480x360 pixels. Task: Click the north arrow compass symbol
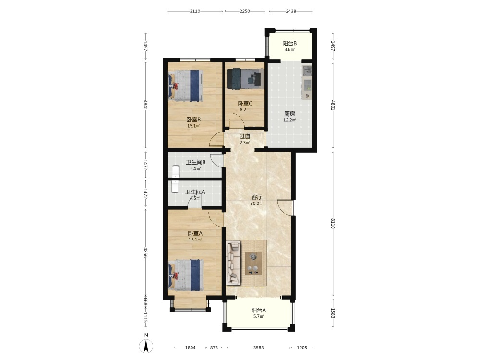(x=146, y=346)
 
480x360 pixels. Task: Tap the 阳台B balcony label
(x=289, y=44)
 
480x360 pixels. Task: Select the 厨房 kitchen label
(x=289, y=114)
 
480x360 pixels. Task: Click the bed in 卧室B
(x=185, y=86)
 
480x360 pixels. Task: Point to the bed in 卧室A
(x=185, y=275)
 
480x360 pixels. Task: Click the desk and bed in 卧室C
(x=245, y=79)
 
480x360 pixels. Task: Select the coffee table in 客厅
(x=253, y=263)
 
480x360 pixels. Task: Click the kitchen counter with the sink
(x=307, y=82)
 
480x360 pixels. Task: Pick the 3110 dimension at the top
(x=195, y=12)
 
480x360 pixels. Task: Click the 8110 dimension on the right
(x=333, y=224)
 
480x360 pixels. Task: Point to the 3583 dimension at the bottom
(x=258, y=348)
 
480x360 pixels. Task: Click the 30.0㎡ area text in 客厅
(x=256, y=203)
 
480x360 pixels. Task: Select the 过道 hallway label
(x=245, y=136)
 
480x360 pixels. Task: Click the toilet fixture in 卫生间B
(x=175, y=171)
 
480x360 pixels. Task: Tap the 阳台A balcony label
(x=259, y=310)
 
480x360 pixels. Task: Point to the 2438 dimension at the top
(x=291, y=12)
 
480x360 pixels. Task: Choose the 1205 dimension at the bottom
(x=302, y=348)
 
